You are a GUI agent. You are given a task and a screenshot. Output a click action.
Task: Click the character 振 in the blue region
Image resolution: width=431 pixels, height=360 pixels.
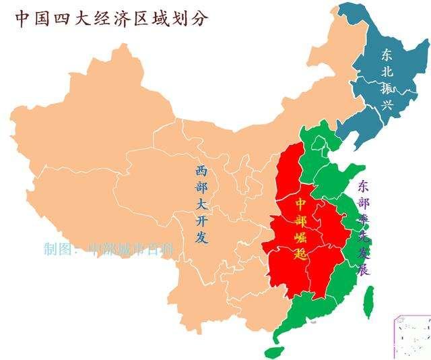click(387, 88)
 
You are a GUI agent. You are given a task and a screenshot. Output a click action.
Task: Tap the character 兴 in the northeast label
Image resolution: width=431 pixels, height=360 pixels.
click(387, 105)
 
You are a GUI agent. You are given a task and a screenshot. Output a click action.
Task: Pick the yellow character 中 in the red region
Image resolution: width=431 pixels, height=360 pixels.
click(301, 202)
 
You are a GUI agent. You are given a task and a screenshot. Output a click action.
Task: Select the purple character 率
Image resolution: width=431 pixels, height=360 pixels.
click(364, 218)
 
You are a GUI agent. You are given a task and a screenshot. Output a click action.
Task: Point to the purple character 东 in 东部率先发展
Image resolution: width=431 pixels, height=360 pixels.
click(364, 185)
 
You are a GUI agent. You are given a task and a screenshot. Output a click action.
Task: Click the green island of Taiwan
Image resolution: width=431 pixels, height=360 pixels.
click(368, 302)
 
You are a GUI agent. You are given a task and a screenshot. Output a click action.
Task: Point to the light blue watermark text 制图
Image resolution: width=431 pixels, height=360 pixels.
click(59, 249)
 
